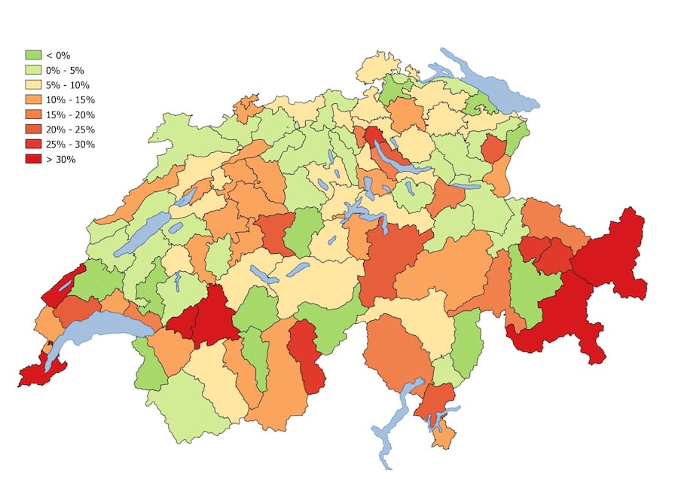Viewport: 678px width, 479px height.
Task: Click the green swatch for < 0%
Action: point(33,56)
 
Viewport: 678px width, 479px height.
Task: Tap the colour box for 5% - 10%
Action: point(33,85)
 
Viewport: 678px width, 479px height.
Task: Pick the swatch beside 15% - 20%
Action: point(33,114)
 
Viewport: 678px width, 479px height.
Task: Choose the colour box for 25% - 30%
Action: point(33,144)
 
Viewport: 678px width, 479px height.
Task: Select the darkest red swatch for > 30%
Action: point(33,159)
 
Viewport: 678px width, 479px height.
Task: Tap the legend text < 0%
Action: point(58,56)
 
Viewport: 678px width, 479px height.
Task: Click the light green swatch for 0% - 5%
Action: point(33,70)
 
